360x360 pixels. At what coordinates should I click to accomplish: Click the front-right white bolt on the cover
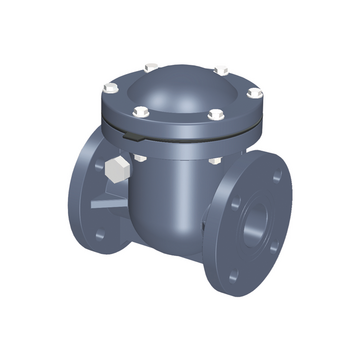tap(214, 115)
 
